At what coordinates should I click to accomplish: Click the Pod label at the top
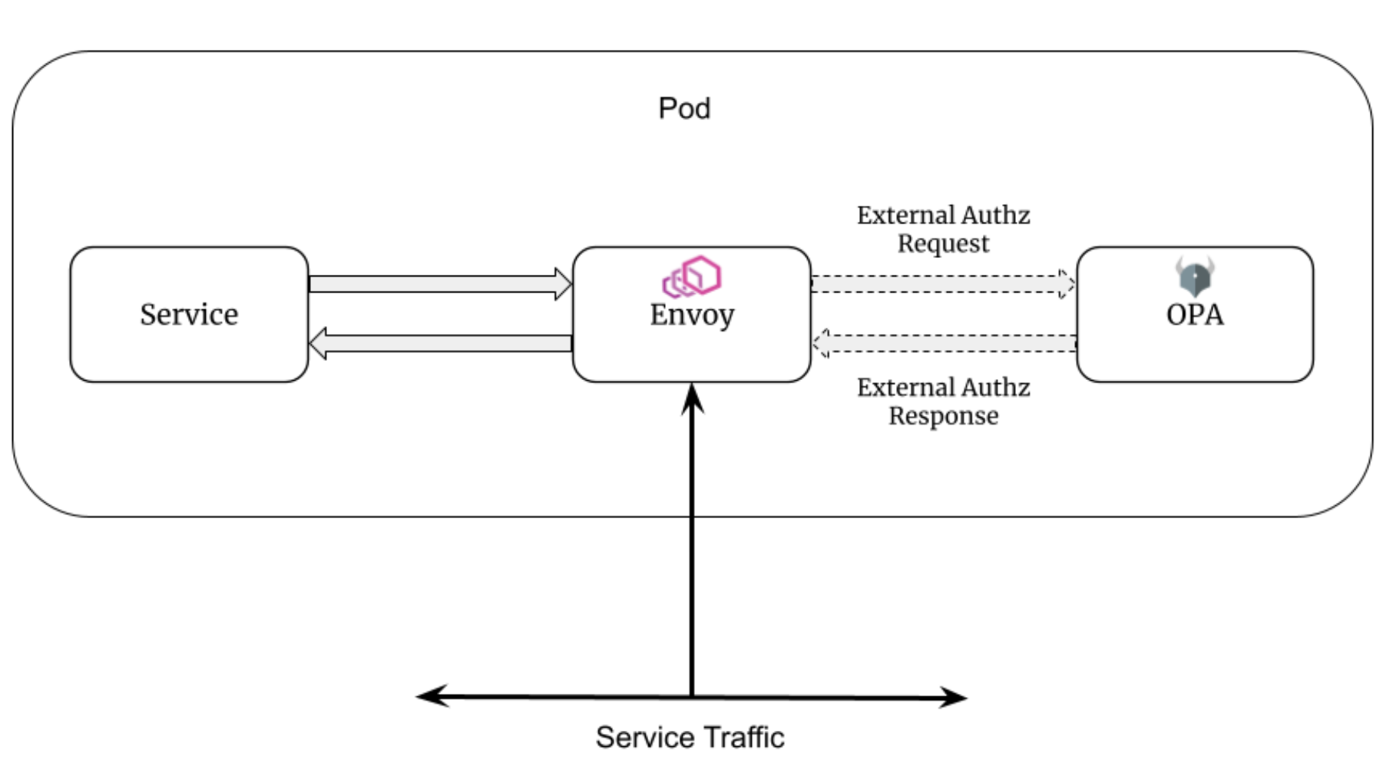(684, 108)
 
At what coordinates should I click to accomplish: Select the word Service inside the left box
(189, 314)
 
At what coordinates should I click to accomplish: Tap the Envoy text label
(692, 315)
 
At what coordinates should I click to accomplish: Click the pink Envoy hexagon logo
(692, 276)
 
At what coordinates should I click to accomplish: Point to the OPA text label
(1195, 315)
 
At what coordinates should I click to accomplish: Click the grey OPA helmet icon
(1195, 276)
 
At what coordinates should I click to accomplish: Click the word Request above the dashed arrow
(943, 244)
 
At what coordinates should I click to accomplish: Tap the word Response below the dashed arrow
(943, 416)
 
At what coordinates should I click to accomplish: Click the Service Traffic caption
(690, 737)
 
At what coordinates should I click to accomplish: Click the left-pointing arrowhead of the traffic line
(430, 696)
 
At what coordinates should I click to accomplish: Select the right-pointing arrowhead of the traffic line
(954, 697)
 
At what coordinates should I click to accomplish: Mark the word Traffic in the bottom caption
(743, 737)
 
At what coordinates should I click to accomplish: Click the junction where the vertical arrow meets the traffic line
(692, 696)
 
